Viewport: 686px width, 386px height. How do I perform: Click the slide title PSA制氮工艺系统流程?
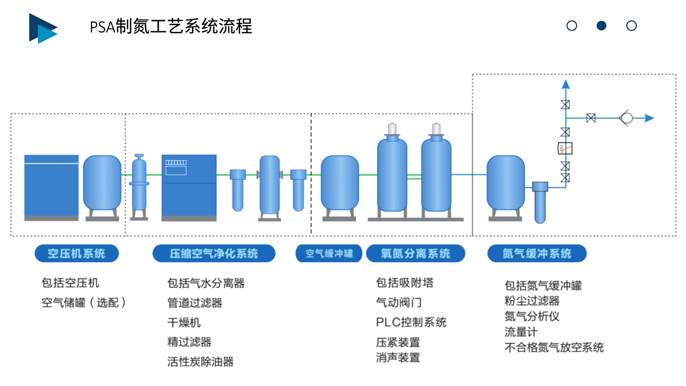coord(171,26)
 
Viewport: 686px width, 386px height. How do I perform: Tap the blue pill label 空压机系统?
coord(76,254)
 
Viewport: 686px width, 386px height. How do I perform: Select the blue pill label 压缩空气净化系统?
coord(214,254)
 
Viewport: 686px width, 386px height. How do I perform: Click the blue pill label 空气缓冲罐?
coord(329,254)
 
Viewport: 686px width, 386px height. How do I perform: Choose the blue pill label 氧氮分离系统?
coord(416,254)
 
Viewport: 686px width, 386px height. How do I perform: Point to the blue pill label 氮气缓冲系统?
coord(537,254)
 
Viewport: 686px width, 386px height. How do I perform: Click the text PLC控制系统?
coord(411,322)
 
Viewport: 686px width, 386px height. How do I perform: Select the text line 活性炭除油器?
coord(200,362)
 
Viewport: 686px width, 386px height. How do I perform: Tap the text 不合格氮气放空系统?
coord(554,348)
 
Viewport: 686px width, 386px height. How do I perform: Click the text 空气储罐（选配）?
coord(84,303)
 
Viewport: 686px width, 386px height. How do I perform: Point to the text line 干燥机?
coord(184,322)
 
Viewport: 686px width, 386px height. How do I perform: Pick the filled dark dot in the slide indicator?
coord(601,26)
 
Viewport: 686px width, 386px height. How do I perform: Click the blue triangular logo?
coord(43,28)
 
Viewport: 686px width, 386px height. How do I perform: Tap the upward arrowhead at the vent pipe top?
coord(565,84)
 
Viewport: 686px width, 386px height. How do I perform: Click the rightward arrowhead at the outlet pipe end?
coord(649,118)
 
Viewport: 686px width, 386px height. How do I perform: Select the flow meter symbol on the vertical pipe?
coord(565,148)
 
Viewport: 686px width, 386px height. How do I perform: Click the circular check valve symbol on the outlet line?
coord(626,118)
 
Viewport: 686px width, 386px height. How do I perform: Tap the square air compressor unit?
coord(51,187)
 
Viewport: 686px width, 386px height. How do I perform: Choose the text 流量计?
coord(521,332)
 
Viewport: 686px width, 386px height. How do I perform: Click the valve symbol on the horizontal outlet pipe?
coord(590,118)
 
